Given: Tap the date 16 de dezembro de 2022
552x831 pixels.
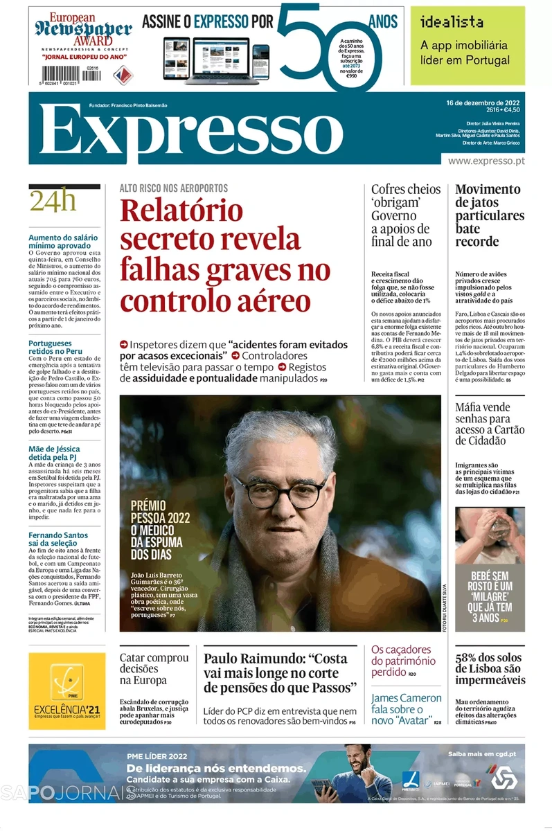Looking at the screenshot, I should pyautogui.click(x=483, y=102).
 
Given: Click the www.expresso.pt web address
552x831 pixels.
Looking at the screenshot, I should pyautogui.click(x=486, y=161).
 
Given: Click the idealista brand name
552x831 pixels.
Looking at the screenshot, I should pyautogui.click(x=452, y=22).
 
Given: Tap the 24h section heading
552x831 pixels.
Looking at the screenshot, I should pyautogui.click(x=53, y=201).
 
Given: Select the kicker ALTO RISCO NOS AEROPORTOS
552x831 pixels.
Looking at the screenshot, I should pyautogui.click(x=173, y=188).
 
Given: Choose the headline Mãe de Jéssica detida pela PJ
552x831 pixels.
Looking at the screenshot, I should pyautogui.click(x=54, y=454).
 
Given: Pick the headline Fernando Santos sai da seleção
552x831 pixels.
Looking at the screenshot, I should pyautogui.click(x=58, y=539).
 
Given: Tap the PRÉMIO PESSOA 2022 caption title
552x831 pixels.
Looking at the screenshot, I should pyautogui.click(x=160, y=510).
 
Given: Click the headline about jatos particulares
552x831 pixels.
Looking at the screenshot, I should pyautogui.click(x=489, y=215).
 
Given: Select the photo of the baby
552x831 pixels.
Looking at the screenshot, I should pyautogui.click(x=490, y=535).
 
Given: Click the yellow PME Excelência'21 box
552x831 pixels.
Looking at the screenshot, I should pyautogui.click(x=67, y=690).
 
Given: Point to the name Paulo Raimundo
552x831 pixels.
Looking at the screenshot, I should pyautogui.click(x=253, y=659).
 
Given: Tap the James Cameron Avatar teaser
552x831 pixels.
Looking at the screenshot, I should pyautogui.click(x=406, y=709).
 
